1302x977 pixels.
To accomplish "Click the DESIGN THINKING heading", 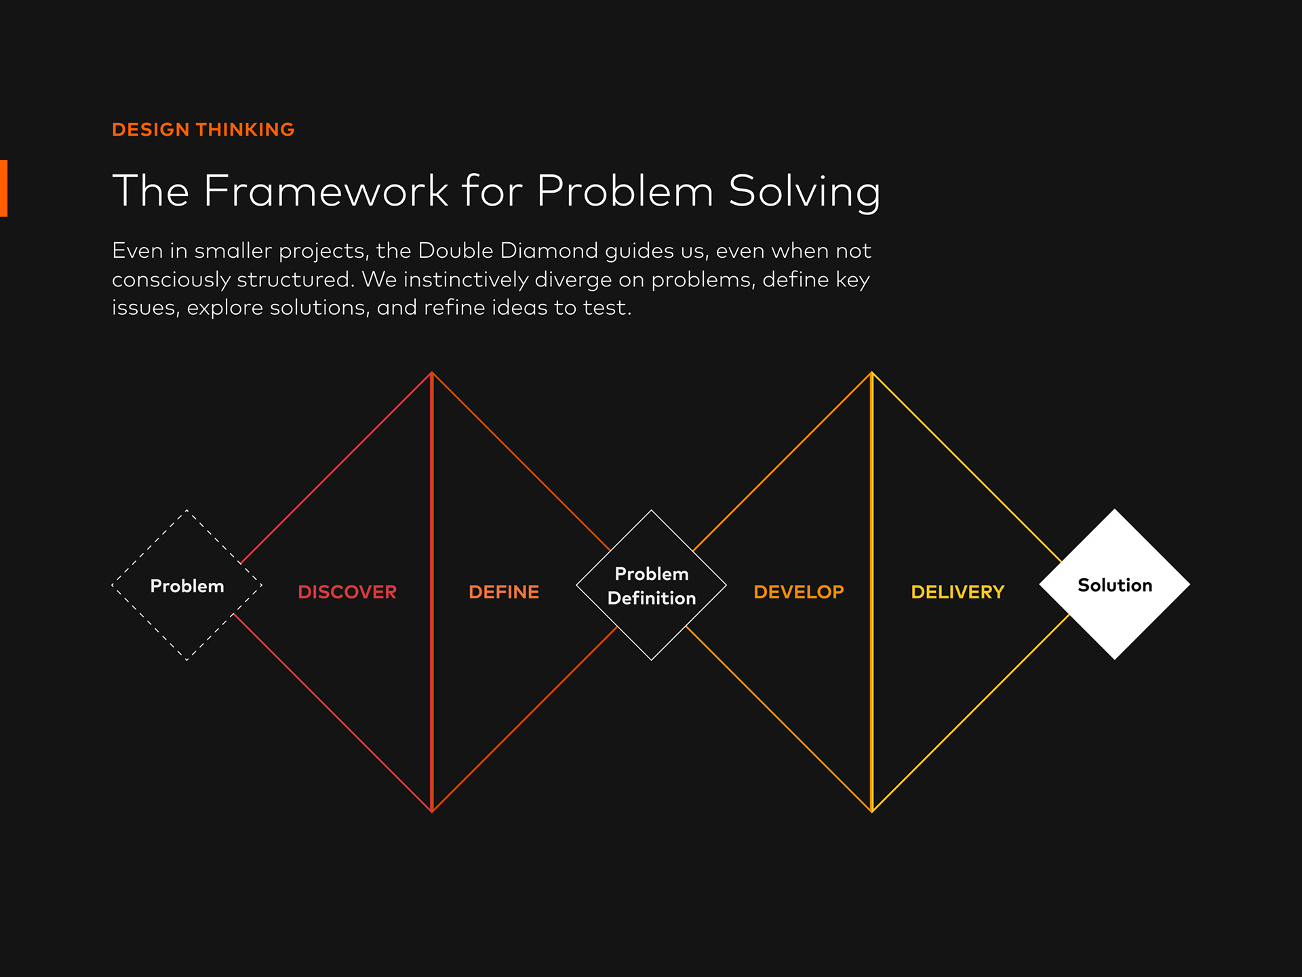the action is click(203, 130).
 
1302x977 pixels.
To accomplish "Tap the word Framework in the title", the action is click(325, 191).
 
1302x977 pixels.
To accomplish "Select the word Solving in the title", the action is click(804, 192).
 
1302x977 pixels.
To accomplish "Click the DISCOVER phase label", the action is click(347, 592).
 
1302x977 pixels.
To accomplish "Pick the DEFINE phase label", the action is click(504, 592).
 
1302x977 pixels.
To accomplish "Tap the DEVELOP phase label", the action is click(799, 592).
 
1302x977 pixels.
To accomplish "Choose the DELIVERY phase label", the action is click(958, 592).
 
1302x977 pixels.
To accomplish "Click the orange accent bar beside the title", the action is click(3, 189).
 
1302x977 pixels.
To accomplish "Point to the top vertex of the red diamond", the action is click(432, 372).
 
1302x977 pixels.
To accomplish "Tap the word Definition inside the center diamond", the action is click(652, 598).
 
